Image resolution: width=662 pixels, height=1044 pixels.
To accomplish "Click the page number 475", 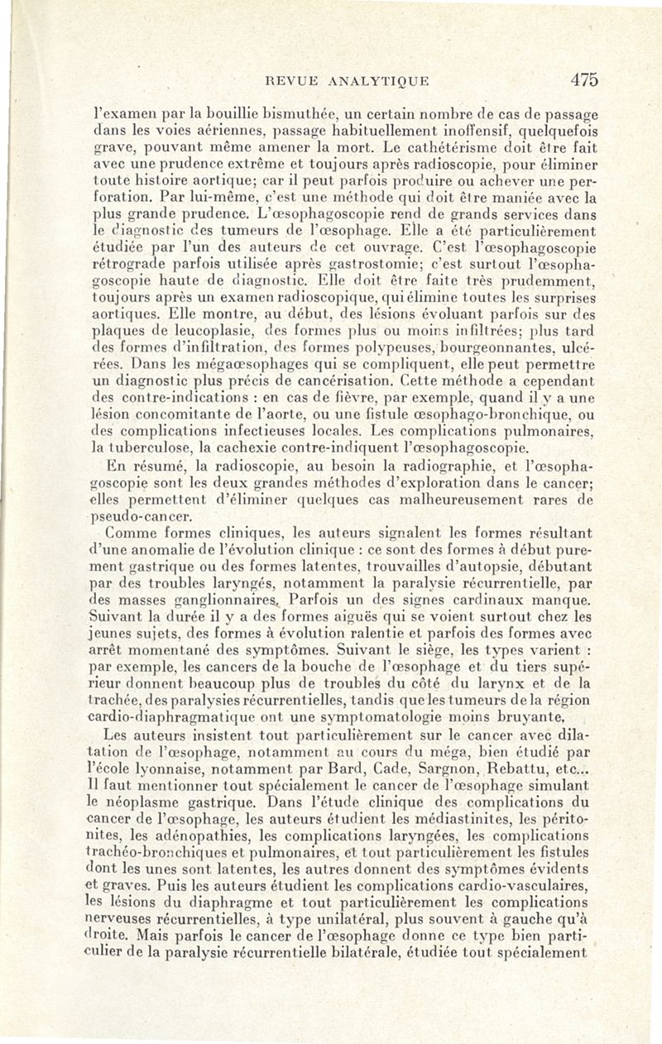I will point(583,79).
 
